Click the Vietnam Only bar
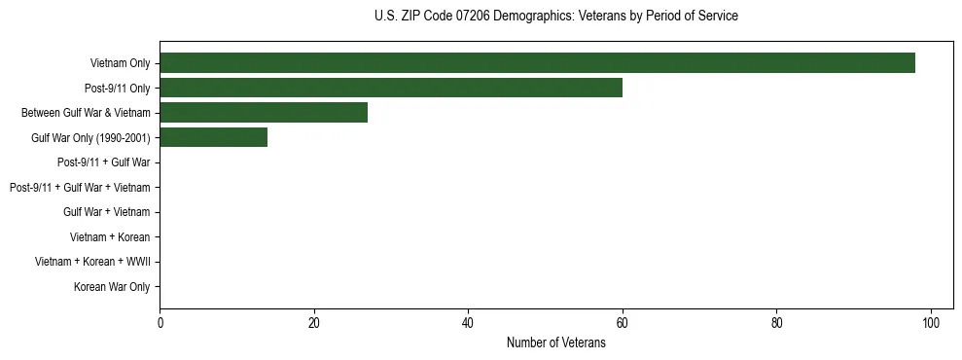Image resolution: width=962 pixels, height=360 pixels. point(537,63)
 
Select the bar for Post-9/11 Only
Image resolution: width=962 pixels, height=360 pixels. point(390,88)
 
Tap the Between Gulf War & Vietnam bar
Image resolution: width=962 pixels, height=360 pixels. point(263,113)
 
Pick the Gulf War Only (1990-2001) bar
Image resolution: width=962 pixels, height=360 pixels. point(213,138)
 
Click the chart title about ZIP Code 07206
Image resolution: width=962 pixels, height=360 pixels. point(555,17)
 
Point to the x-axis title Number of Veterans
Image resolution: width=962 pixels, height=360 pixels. point(555,342)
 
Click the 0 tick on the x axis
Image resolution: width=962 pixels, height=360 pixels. point(160,324)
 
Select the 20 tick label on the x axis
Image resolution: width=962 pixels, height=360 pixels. point(313,324)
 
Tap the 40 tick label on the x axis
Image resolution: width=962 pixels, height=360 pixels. point(468,324)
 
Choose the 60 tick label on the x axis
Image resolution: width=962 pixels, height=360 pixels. point(623,324)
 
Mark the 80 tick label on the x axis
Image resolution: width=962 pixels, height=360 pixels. point(776,324)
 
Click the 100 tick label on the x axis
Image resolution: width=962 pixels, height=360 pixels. point(931,324)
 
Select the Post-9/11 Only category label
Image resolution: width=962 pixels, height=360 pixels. point(117,89)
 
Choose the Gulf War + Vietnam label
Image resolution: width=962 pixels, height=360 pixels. point(106,212)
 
